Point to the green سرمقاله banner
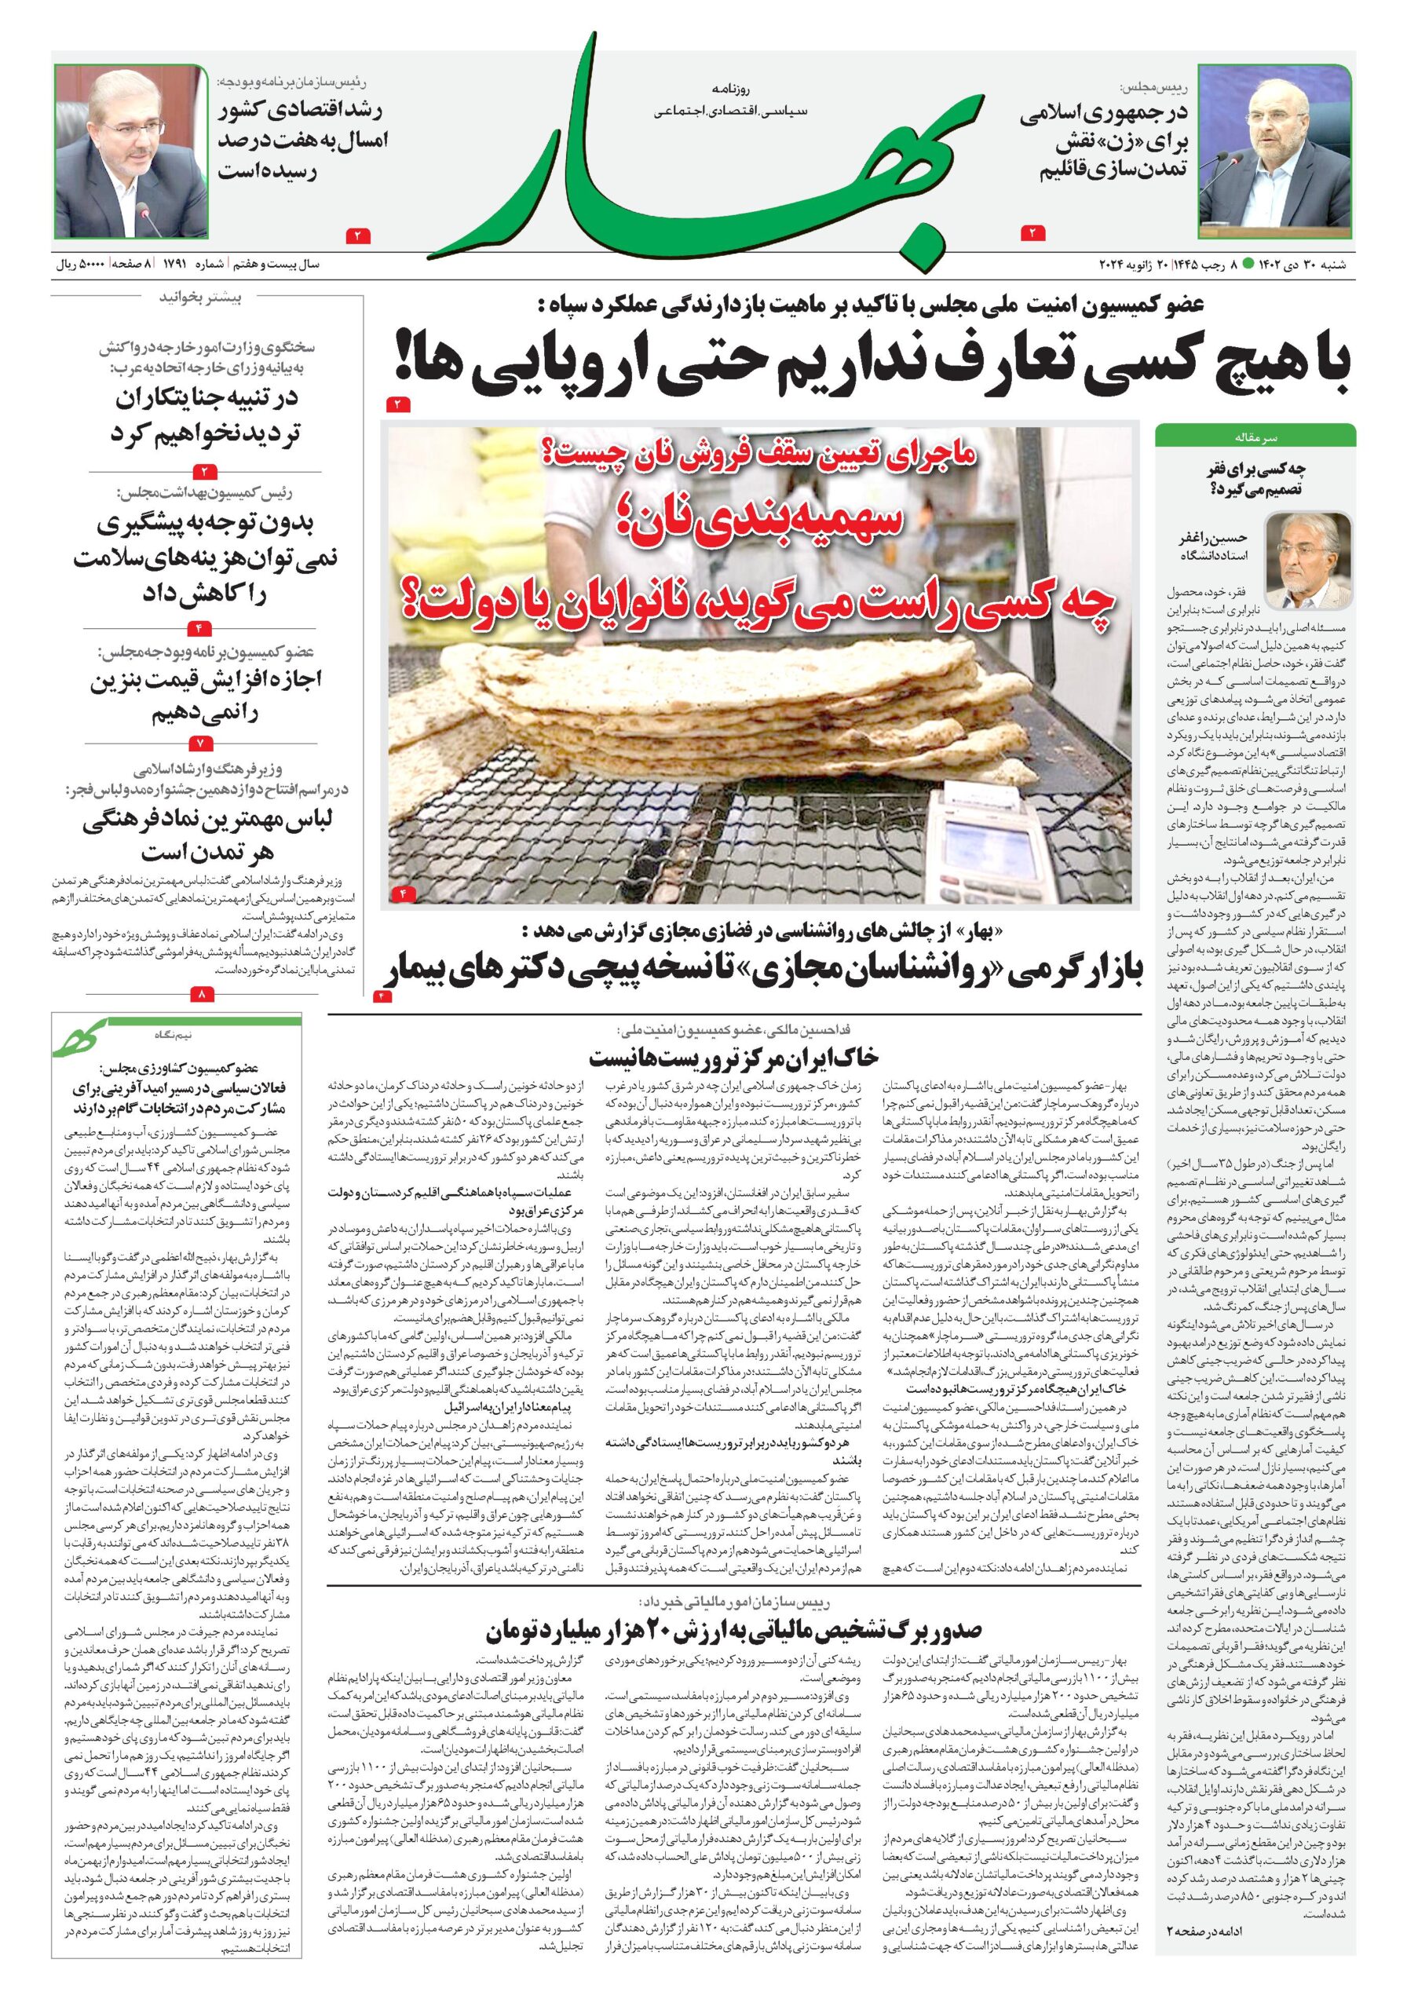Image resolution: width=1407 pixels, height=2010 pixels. click(x=1255, y=434)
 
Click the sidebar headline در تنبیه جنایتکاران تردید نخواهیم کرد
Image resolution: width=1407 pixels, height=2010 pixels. click(x=204, y=416)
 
